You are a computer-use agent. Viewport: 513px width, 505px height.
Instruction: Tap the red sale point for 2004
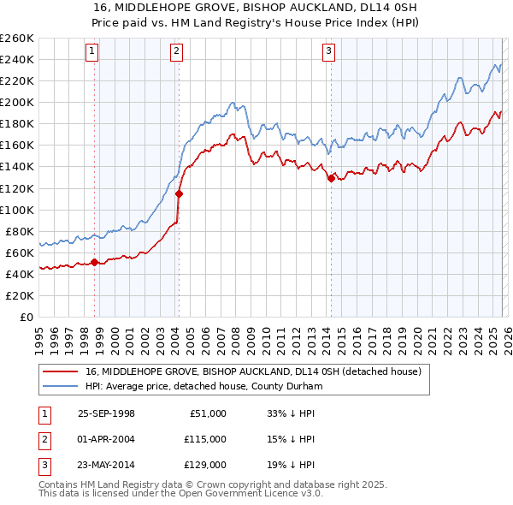click(x=180, y=193)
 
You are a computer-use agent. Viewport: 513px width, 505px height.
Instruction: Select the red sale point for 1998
click(x=95, y=262)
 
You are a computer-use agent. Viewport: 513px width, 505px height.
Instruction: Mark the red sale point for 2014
click(x=331, y=178)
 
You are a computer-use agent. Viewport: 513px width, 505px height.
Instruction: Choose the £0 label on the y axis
click(x=25, y=317)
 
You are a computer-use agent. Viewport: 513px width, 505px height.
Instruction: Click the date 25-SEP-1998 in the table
click(x=106, y=413)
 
